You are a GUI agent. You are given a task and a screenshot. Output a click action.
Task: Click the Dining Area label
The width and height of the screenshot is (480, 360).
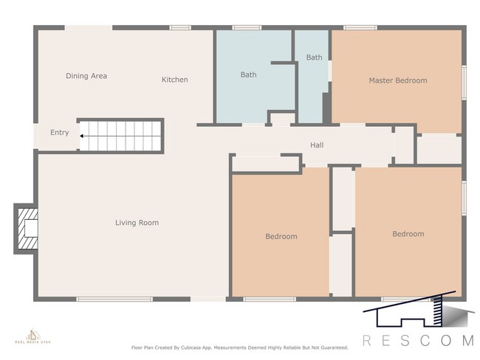tap(86, 76)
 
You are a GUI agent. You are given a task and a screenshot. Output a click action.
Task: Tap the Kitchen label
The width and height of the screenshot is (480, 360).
tap(175, 80)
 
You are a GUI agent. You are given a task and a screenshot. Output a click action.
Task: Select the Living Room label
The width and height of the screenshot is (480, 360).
tap(137, 223)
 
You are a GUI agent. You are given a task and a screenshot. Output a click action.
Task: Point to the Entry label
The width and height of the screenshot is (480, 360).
tap(59, 133)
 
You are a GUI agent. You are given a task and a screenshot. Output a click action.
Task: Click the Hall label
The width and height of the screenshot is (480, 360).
tap(317, 145)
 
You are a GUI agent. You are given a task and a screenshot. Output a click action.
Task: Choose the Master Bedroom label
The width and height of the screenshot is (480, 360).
tap(397, 80)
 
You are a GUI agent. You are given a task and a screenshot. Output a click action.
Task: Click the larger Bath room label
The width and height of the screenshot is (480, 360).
tap(248, 75)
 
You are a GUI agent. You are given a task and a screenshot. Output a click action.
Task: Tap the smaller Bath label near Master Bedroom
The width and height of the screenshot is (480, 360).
tap(315, 58)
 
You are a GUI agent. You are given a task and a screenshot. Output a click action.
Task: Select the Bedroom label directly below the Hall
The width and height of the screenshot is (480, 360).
tap(281, 237)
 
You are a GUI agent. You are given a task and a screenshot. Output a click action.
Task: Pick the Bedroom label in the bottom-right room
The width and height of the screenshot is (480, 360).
tap(408, 234)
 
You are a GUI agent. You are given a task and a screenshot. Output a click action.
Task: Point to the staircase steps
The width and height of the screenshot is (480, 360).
tap(122, 136)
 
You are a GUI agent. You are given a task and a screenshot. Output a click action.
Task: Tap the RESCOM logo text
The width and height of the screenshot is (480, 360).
tap(417, 340)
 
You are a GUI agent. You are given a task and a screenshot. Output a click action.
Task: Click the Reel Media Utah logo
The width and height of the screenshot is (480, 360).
tap(31, 337)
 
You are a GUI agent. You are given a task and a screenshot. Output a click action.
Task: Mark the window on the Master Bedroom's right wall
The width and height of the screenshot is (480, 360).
tap(464, 81)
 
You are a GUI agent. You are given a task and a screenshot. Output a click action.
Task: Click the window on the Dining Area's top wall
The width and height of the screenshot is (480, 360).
tap(88, 28)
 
